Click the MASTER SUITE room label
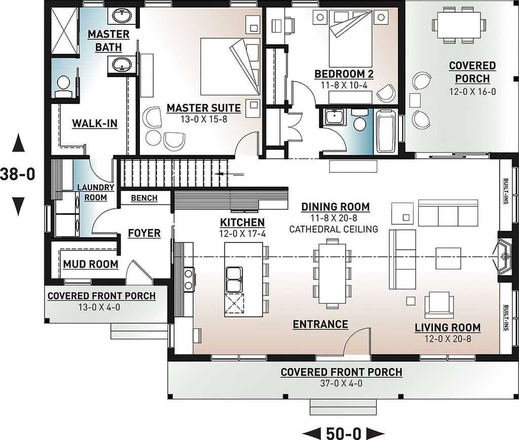(204, 108)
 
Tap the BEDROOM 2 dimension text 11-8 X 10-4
(344, 85)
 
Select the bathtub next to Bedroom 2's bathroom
(386, 131)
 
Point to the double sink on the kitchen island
(234, 280)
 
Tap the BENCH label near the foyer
(144, 198)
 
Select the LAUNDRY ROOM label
(95, 192)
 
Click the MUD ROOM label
(90, 264)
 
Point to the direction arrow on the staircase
(229, 173)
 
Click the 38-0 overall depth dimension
(18, 174)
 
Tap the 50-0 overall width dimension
(343, 433)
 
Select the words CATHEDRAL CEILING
(333, 229)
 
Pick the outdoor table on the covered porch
(459, 25)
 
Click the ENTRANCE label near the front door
(320, 324)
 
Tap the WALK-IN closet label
(95, 124)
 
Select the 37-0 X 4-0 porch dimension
(341, 383)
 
